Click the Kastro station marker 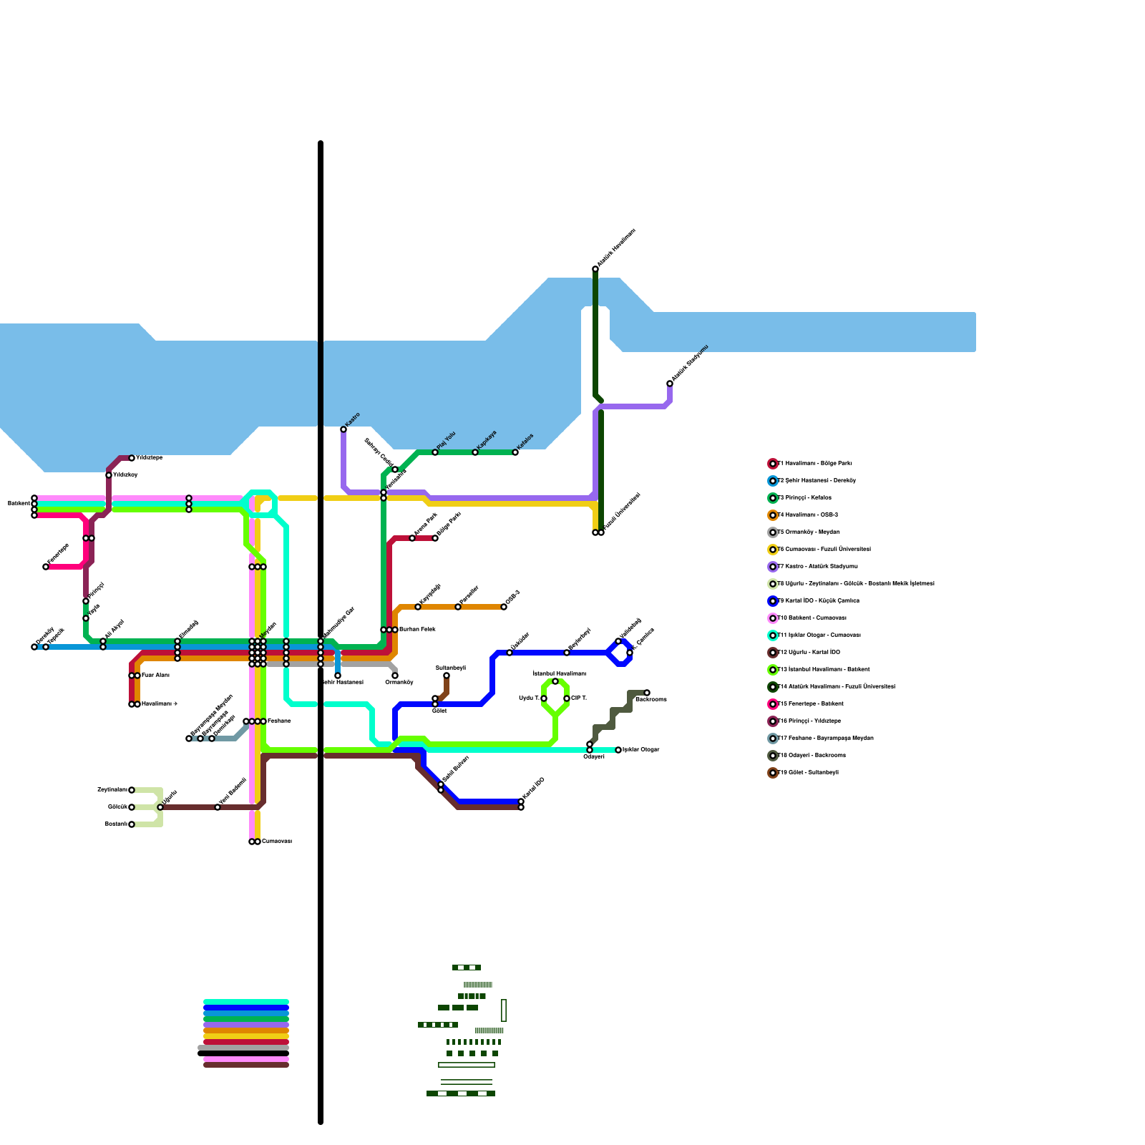343,429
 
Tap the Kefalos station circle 515,452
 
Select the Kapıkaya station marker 475,452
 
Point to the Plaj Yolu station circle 435,452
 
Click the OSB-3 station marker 504,607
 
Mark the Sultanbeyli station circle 447,676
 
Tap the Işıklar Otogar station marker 618,750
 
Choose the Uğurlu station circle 160,807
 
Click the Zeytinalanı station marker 132,790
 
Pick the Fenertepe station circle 46,567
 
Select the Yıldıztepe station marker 132,458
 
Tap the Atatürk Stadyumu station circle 670,384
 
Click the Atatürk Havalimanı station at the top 595,269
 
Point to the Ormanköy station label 399,683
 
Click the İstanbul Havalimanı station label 559,673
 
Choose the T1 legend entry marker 773,464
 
